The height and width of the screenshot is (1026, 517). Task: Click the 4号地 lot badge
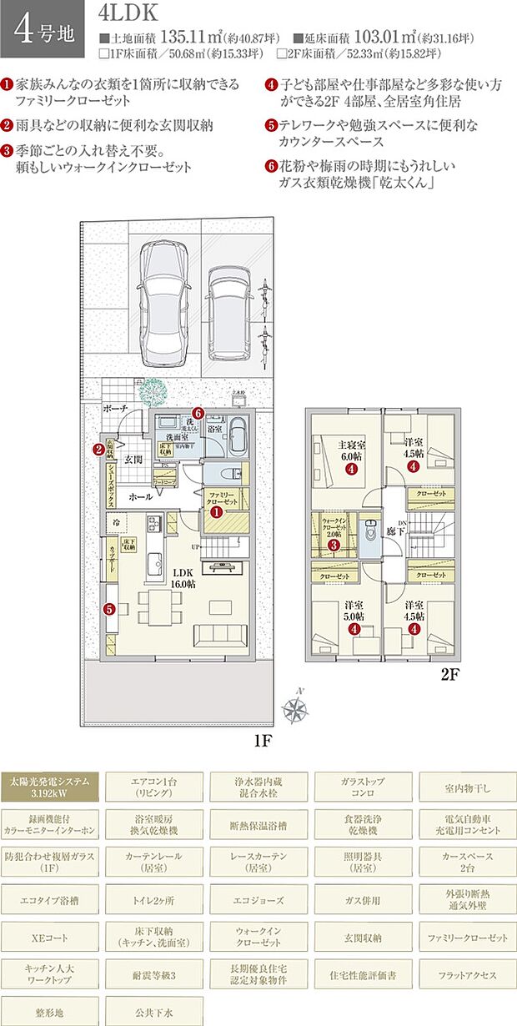click(43, 28)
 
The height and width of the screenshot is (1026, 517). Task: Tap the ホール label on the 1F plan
click(139, 496)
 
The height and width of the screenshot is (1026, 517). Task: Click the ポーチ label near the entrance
click(114, 410)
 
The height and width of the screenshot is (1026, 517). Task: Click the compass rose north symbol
click(294, 709)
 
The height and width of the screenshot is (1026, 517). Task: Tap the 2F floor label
click(450, 675)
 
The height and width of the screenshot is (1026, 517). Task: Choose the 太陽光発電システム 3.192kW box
click(49, 788)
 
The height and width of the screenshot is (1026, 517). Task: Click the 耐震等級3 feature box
click(153, 973)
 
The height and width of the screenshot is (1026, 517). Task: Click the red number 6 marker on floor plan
click(198, 412)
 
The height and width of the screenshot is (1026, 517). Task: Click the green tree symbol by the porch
click(153, 390)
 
